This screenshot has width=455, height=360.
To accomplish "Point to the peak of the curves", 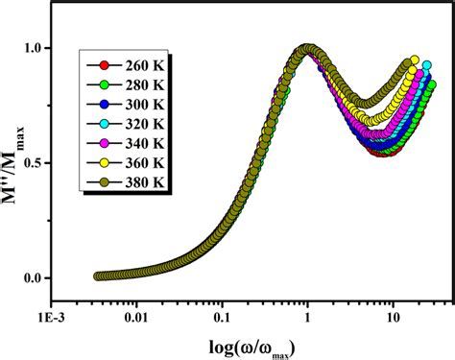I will (x=307, y=50).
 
